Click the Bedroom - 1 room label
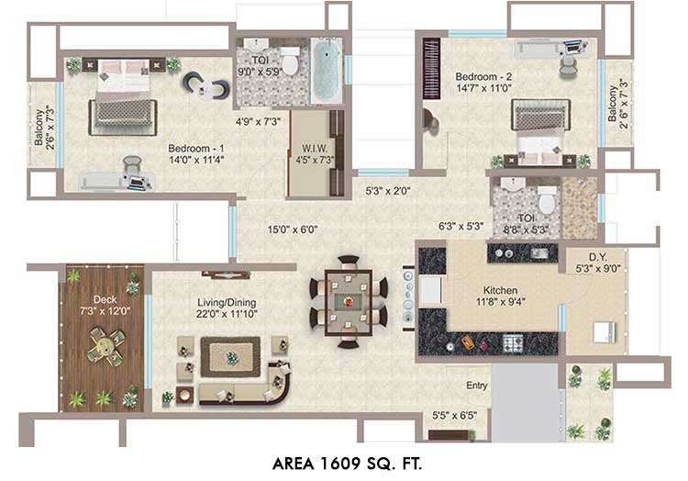point(195,149)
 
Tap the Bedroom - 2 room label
point(483,77)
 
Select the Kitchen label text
point(500,291)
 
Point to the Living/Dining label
point(227,302)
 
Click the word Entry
point(477,386)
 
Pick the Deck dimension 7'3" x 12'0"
point(105,311)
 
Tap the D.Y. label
point(598,257)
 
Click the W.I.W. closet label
point(314,149)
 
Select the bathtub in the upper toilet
point(327,71)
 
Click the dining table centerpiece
point(348,301)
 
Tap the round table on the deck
point(105,346)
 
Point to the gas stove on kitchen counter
point(513,341)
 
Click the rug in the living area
point(230,357)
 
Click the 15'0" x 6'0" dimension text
point(293,229)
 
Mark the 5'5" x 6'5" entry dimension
point(455,415)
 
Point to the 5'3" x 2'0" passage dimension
point(388,191)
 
